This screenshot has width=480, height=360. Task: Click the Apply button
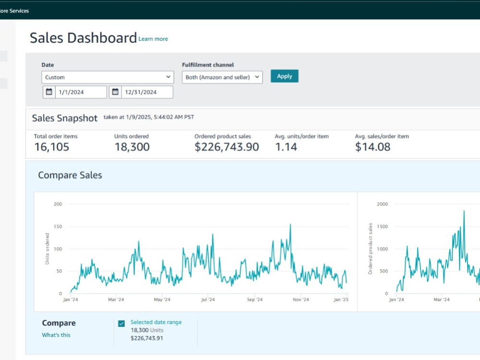(x=284, y=76)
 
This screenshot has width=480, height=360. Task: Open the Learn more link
(x=153, y=39)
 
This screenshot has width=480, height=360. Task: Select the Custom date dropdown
(x=108, y=77)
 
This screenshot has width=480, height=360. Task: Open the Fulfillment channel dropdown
(x=222, y=77)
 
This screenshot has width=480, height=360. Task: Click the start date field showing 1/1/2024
(x=81, y=92)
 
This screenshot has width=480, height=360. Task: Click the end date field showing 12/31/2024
(x=147, y=92)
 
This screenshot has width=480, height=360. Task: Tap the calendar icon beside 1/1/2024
(x=49, y=92)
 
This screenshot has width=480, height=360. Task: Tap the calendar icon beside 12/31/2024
(x=115, y=92)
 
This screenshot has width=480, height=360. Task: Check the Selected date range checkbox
(x=121, y=324)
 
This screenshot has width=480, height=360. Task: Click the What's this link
(x=56, y=335)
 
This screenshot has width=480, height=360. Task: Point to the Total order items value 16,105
(x=52, y=147)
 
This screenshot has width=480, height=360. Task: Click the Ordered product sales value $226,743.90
(x=227, y=147)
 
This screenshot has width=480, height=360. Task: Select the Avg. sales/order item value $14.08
(x=372, y=147)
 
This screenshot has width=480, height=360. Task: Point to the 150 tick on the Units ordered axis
(x=58, y=227)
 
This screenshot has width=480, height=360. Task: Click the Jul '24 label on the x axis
(x=208, y=300)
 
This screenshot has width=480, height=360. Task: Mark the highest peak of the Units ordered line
(x=290, y=224)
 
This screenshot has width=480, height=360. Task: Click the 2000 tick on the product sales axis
(x=383, y=204)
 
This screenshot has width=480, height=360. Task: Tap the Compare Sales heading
(x=70, y=175)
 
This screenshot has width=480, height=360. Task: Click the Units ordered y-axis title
(x=47, y=249)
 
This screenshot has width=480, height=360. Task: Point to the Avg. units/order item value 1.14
(x=286, y=147)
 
